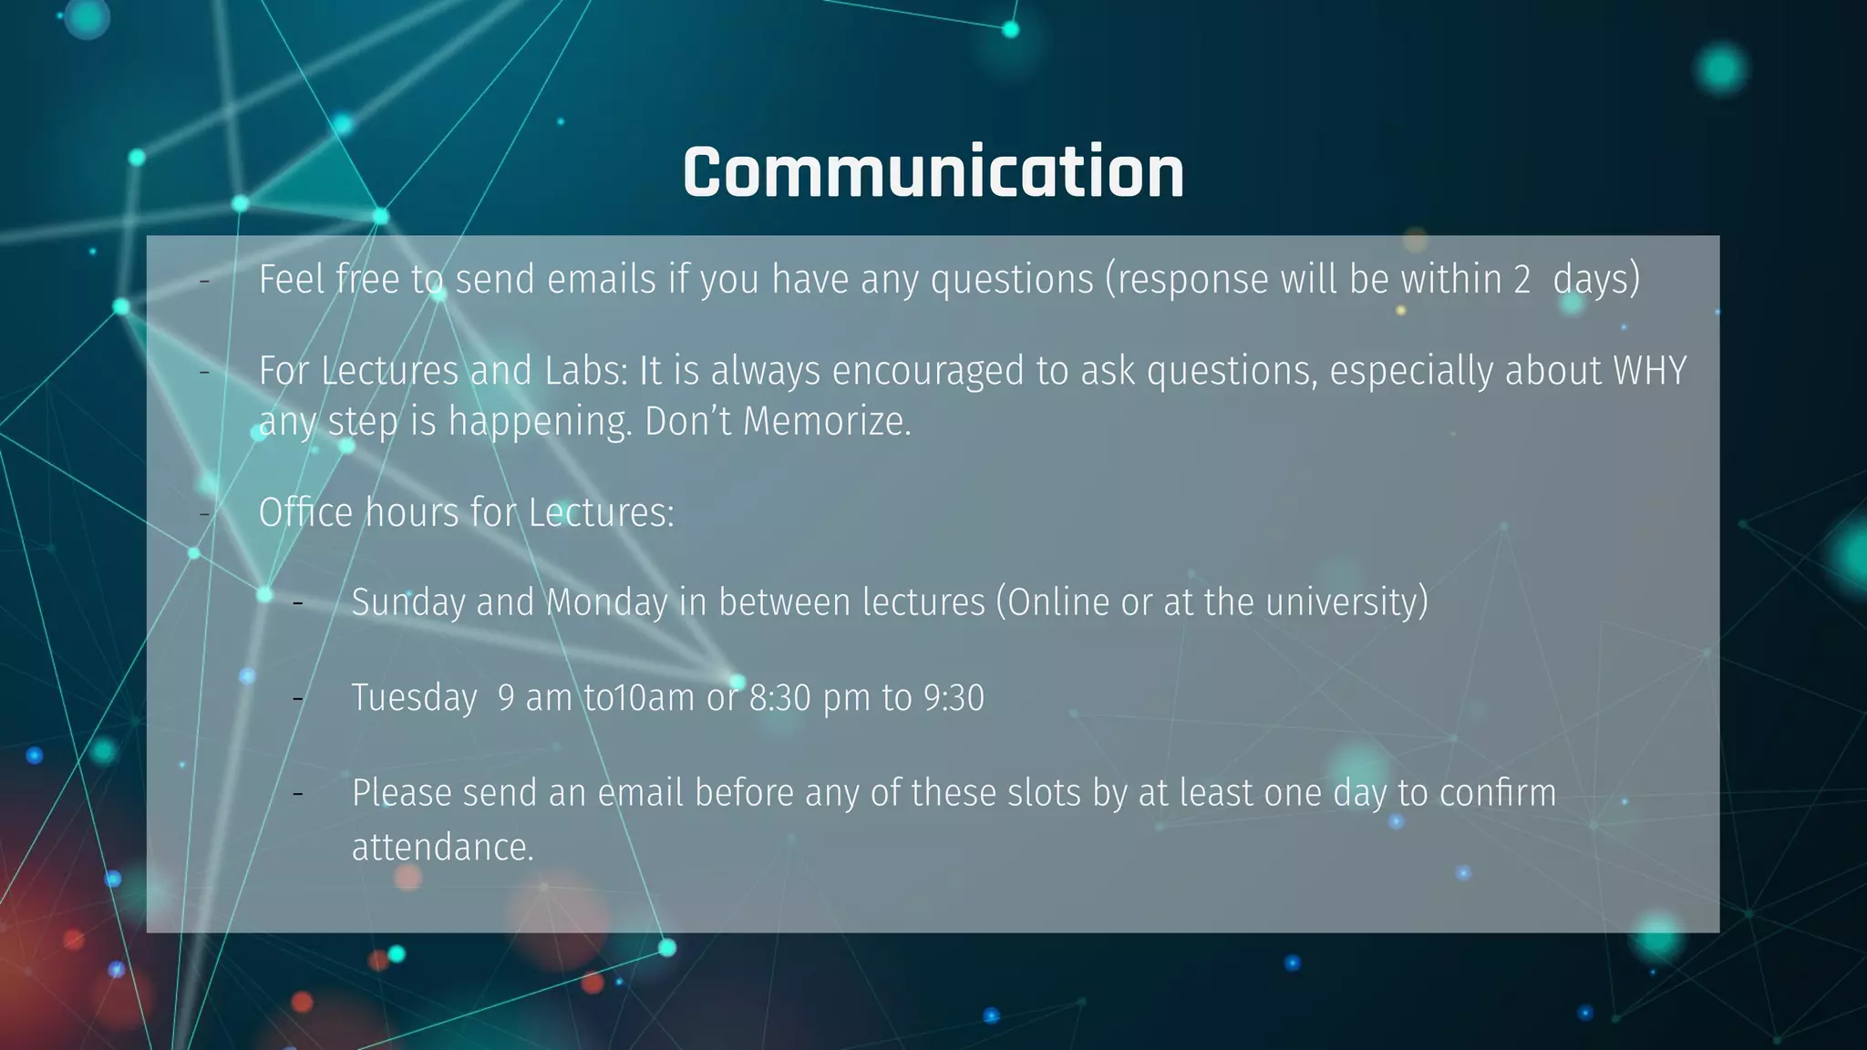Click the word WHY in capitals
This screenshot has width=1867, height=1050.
click(x=1649, y=371)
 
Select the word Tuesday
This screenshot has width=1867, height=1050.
click(x=414, y=698)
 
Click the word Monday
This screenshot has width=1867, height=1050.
click(x=607, y=602)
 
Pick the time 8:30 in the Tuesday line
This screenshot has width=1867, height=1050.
click(x=779, y=698)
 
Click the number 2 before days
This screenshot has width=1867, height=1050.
click(x=1521, y=280)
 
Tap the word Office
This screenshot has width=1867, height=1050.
click(x=305, y=512)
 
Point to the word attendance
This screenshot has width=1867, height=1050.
click(x=442, y=848)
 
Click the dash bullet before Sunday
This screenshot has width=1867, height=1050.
click(x=298, y=602)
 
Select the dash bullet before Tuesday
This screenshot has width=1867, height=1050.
click(x=298, y=698)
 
